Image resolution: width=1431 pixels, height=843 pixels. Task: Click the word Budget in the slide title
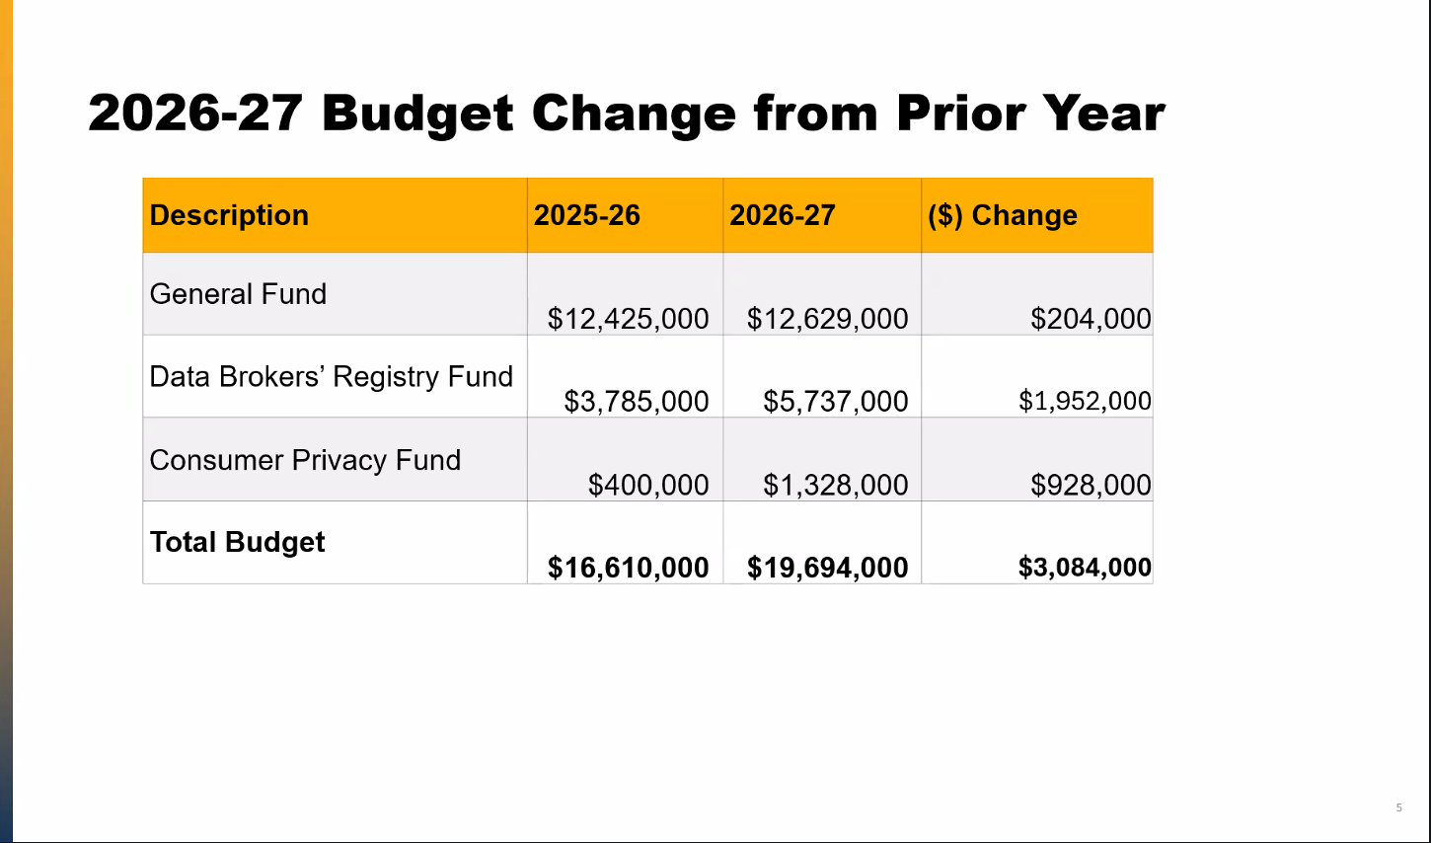[x=416, y=115]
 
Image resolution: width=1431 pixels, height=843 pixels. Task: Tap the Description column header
[x=229, y=215]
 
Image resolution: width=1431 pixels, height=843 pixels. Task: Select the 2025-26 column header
[x=586, y=215]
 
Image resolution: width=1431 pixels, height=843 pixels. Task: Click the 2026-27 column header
[x=782, y=215]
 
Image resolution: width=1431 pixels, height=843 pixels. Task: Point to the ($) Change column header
[x=1003, y=215]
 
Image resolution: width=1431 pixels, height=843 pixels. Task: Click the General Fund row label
[x=238, y=294]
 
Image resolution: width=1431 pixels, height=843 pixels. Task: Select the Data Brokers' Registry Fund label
[x=331, y=376]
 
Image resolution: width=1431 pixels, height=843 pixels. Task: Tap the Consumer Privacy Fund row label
[x=305, y=460]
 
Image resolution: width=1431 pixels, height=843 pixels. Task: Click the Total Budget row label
[x=237, y=543]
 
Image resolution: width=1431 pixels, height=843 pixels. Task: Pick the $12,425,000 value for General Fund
[x=628, y=319]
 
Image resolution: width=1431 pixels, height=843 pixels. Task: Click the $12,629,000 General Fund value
[x=827, y=319]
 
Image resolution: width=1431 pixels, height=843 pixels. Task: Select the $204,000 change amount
[x=1091, y=319]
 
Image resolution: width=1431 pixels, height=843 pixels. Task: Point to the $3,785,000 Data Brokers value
[x=637, y=402]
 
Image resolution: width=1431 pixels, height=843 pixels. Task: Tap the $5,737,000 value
[x=836, y=402]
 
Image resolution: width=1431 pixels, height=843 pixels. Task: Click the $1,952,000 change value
[x=1085, y=401]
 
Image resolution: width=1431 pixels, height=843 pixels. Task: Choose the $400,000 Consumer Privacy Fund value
[x=648, y=485]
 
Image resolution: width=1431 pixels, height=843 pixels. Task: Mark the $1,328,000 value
[x=836, y=485]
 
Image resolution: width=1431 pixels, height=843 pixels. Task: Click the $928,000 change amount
[x=1091, y=485]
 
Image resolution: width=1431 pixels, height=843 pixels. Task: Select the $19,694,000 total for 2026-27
[x=827, y=568]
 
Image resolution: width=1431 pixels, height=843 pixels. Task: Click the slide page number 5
[x=1399, y=807]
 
